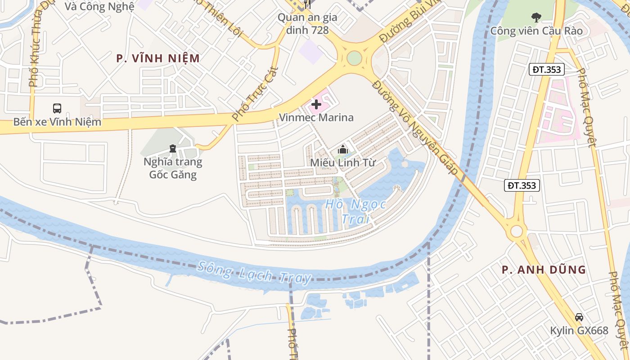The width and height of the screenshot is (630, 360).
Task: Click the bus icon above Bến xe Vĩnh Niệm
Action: (57, 108)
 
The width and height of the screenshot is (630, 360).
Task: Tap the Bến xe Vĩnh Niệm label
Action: (57, 122)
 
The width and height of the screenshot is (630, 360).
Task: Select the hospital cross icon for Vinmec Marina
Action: (316, 105)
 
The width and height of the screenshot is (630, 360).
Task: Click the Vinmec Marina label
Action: (316, 117)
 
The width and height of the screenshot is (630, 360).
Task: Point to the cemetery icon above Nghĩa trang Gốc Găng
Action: (172, 148)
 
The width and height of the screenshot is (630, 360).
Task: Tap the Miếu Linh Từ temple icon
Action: (343, 149)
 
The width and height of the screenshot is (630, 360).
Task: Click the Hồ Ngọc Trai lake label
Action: (355, 211)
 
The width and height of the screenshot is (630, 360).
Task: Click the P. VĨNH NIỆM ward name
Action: (157, 58)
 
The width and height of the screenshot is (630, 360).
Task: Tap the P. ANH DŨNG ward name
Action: (544, 270)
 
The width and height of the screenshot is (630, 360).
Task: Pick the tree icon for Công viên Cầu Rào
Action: (536, 18)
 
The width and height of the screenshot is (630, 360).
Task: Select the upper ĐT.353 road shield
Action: (546, 69)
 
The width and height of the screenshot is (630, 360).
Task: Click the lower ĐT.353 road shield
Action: (522, 185)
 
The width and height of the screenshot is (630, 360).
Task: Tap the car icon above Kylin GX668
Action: (579, 317)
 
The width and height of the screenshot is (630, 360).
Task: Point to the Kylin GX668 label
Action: (579, 330)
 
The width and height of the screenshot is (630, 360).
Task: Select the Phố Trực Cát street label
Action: (255, 94)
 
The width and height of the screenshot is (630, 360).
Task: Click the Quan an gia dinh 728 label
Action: (307, 24)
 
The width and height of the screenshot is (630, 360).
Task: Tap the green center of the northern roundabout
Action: (354, 58)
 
